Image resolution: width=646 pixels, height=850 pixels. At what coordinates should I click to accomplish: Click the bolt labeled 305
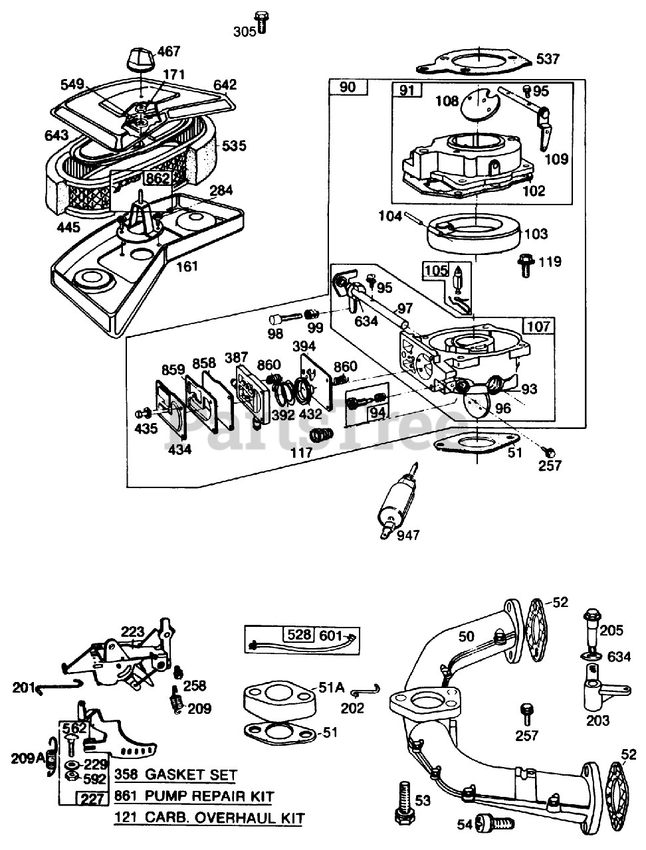pos(262,23)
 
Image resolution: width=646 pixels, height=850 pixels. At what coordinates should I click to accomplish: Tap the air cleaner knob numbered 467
pos(141,60)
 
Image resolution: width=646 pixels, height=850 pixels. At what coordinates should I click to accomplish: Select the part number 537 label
pos(548,59)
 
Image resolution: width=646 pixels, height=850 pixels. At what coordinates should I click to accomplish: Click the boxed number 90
pos(348,87)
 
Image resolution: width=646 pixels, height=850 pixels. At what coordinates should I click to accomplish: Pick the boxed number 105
pos(437,270)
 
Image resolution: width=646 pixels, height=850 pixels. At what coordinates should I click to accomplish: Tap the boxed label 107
pos(539,326)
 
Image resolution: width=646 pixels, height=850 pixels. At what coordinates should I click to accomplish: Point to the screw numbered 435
pos(143,414)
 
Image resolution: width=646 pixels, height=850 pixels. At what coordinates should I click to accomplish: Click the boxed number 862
pos(158,179)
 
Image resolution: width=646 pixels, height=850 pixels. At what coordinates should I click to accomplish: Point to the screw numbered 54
pos(495,825)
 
